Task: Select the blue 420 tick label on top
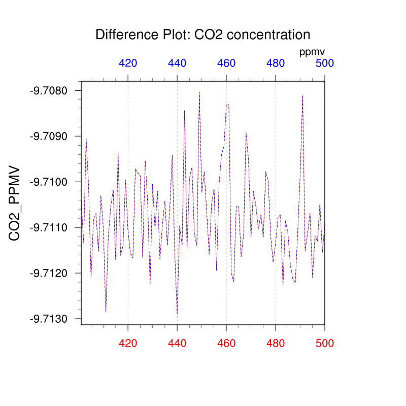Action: [x=128, y=63]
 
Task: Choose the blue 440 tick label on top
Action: [x=177, y=63]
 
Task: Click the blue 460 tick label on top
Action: [x=226, y=63]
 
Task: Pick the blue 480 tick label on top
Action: [x=276, y=63]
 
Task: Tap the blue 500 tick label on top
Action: [x=324, y=63]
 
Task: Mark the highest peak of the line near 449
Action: [x=199, y=92]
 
